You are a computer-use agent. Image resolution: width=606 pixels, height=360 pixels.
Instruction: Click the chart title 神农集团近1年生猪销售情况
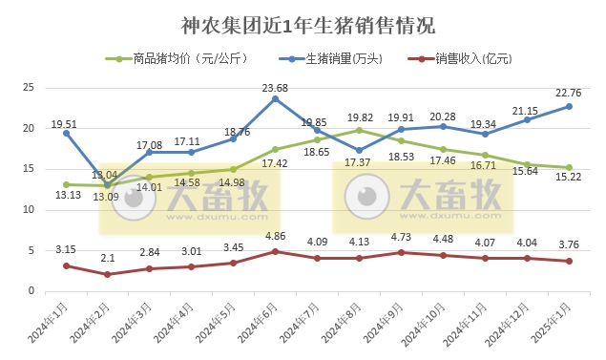click(302, 24)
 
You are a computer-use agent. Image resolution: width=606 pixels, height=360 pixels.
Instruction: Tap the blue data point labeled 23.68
click(275, 98)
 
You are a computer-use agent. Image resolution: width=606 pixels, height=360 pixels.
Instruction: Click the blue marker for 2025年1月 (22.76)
click(570, 106)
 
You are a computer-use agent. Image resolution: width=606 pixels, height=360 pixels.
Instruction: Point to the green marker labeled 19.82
click(359, 130)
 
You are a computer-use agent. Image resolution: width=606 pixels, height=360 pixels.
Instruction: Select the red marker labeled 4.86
click(275, 251)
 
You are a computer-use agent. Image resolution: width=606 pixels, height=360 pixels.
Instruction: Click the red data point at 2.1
click(107, 274)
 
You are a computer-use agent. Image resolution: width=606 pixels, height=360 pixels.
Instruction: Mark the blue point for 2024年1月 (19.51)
click(65, 133)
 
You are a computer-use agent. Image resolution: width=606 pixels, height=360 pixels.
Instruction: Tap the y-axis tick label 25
click(29, 88)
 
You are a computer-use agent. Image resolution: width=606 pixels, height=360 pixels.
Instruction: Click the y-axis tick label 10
click(29, 210)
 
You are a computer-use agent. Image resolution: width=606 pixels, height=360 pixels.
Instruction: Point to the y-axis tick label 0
click(31, 291)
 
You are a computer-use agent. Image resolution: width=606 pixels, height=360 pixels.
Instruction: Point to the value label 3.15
click(65, 250)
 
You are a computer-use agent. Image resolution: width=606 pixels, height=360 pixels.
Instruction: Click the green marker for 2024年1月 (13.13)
click(65, 184)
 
